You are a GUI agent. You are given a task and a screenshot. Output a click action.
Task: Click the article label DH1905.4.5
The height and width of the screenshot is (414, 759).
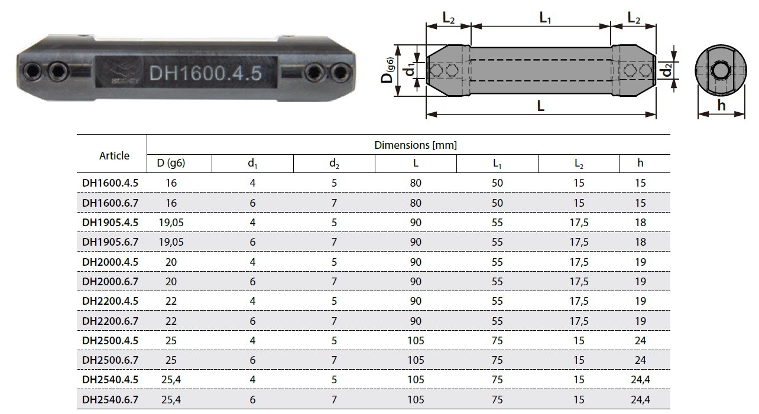[x=110, y=223]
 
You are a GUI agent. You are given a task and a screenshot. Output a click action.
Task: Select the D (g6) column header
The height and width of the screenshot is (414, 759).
[x=171, y=163]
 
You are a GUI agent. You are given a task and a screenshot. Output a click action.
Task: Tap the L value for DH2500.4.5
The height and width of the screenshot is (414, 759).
[x=416, y=340]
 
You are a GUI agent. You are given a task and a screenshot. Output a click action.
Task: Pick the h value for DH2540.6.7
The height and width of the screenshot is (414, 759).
[x=640, y=399]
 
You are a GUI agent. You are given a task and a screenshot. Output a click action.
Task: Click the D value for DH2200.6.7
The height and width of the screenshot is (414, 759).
[x=171, y=321]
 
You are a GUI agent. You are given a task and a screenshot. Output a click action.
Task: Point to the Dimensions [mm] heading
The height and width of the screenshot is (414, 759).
[x=416, y=145]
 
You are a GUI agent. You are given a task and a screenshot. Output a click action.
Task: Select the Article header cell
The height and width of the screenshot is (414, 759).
[x=114, y=156]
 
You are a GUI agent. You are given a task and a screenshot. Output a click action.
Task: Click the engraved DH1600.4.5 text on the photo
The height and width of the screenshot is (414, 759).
[x=205, y=73]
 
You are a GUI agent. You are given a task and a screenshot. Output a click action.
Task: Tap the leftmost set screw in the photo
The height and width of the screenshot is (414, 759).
[x=33, y=71]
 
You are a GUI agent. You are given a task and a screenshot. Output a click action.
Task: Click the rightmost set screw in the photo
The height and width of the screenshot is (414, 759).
[x=340, y=71]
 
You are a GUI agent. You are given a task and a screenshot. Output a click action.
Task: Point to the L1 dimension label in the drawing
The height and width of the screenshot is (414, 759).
[x=545, y=18]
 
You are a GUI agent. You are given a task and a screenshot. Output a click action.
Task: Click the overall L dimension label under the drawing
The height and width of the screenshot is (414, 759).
[x=541, y=106]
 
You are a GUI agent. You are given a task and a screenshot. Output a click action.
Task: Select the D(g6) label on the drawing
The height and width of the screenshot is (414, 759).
[x=388, y=70]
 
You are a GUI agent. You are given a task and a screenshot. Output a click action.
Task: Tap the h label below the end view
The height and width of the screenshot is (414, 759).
[x=721, y=105]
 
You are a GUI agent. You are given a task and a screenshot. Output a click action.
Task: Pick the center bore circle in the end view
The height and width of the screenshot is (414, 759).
[x=721, y=71]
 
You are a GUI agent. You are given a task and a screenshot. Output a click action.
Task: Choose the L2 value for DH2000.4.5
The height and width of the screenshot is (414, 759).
[x=579, y=262]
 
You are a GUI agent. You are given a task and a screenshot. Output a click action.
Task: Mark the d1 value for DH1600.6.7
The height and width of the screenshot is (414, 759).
[x=252, y=203]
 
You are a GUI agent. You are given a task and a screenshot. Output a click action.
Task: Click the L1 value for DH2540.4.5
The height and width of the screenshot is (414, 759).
[x=497, y=380]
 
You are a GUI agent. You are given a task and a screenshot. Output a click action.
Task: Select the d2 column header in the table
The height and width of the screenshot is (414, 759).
[x=334, y=164]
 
